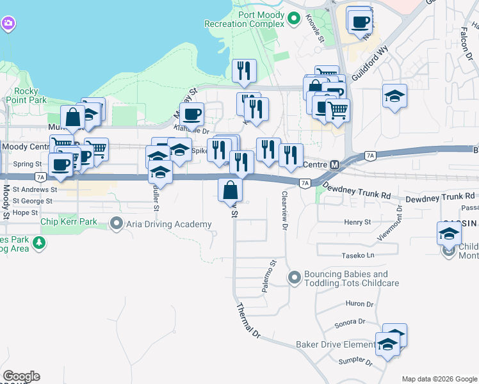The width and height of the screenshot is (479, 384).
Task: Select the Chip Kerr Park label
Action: tap(69, 222)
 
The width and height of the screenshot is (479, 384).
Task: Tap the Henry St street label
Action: tap(357, 222)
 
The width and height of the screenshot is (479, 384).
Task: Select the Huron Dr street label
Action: tap(359, 304)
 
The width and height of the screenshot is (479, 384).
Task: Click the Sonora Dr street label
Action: tap(350, 323)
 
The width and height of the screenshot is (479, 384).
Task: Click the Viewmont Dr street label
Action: tap(398, 220)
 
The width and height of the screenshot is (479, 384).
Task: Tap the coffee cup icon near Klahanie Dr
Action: tap(191, 115)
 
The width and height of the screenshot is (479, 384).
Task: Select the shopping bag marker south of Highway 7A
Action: tap(231, 191)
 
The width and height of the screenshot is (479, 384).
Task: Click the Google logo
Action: tap(21, 376)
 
